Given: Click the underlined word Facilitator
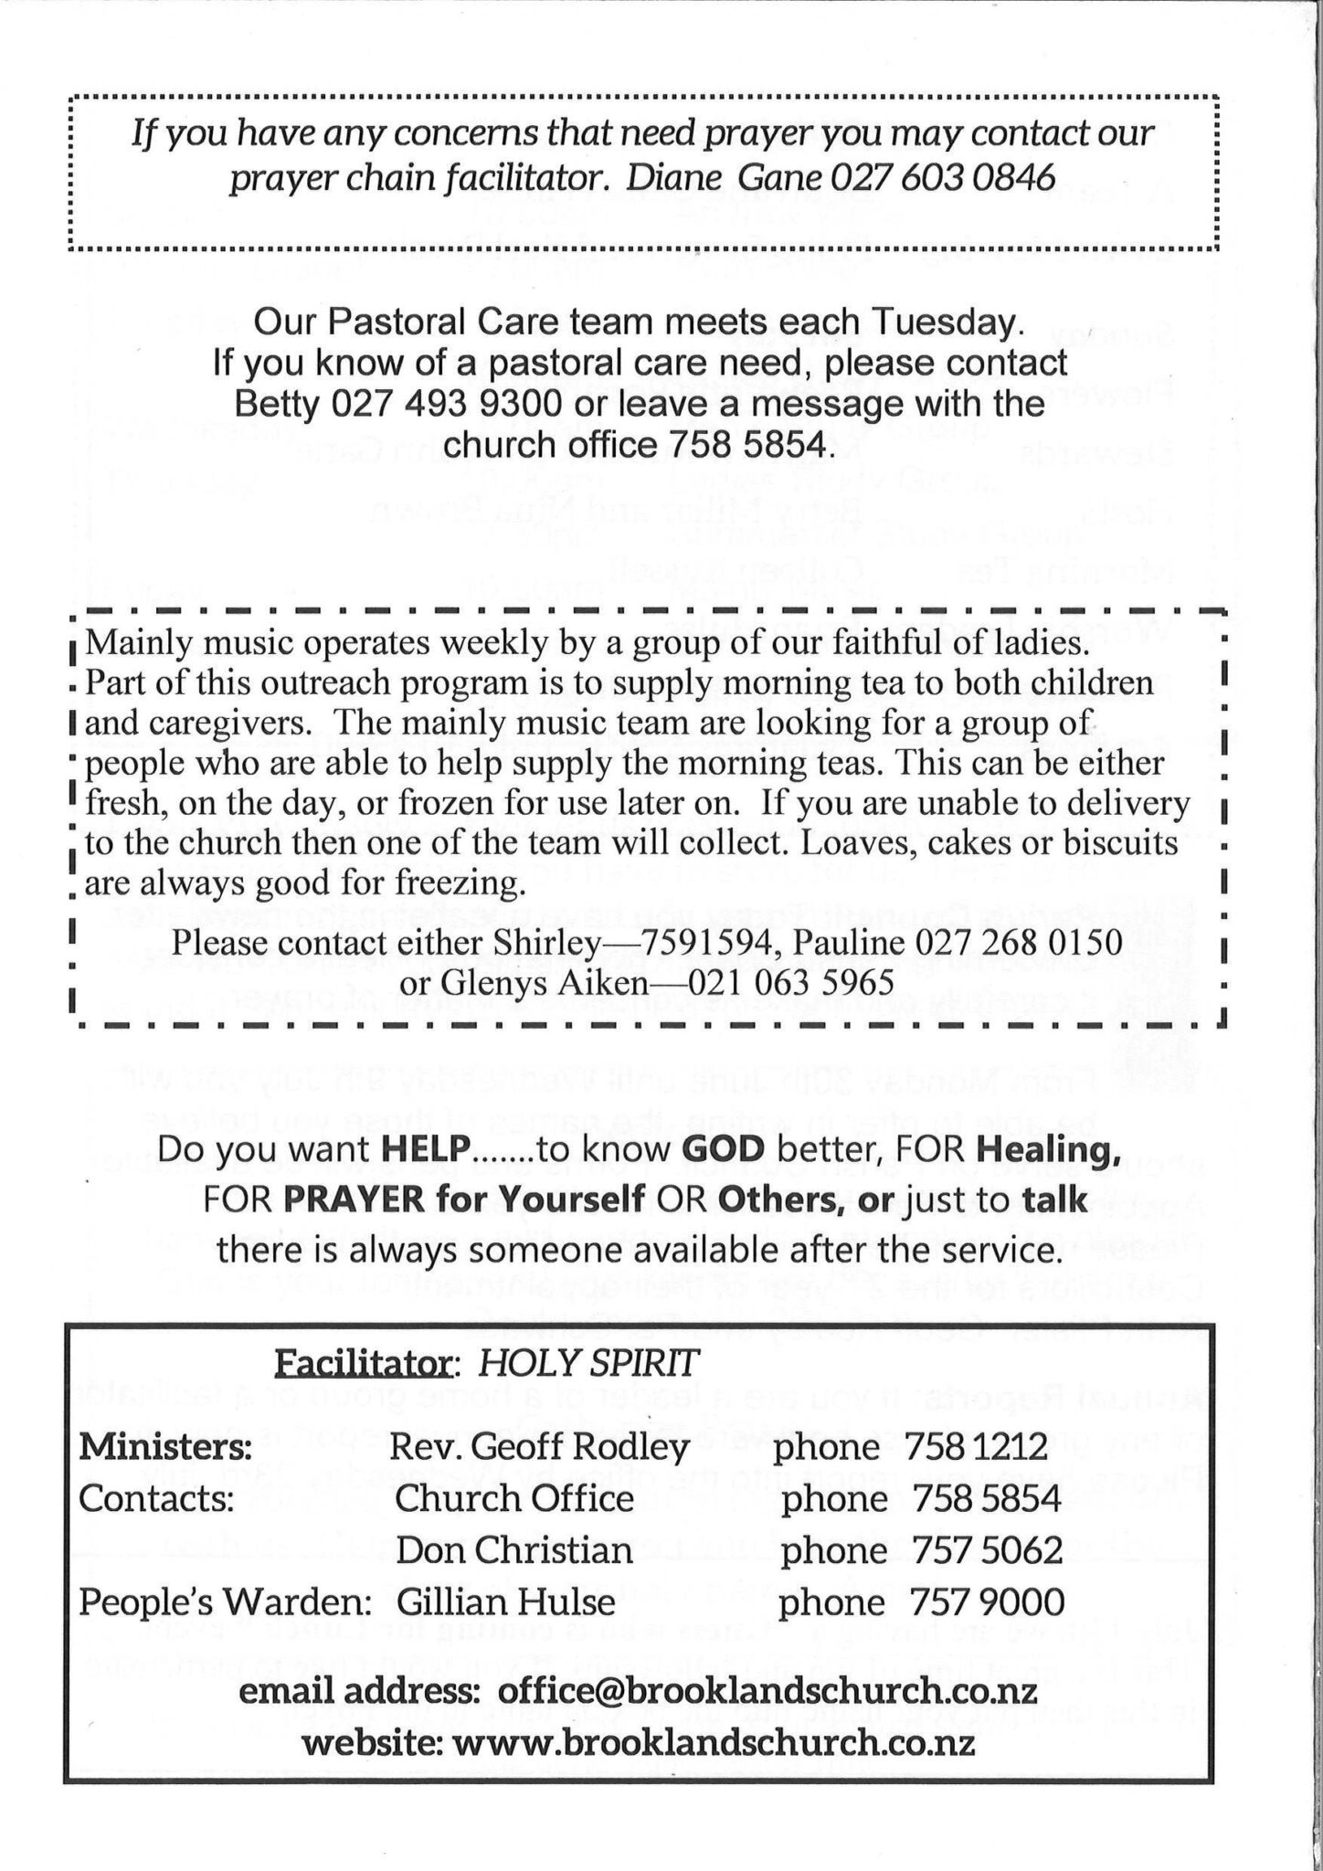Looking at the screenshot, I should click(365, 1364).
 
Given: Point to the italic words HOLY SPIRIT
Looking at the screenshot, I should click(589, 1364).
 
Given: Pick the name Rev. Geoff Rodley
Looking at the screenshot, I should click(539, 1448).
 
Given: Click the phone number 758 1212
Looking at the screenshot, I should click(976, 1448).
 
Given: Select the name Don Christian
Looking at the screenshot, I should click(514, 1550).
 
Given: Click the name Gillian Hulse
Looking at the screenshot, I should click(505, 1602).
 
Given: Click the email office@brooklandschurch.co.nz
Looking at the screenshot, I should click(767, 1693).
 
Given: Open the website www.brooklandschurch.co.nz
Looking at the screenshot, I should click(714, 1744).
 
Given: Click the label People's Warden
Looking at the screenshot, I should click(225, 1602).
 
